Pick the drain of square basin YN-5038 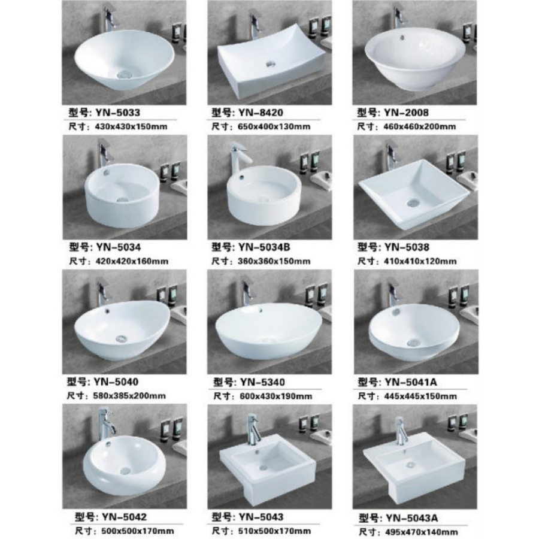point(412,203)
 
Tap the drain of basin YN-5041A point(412,341)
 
